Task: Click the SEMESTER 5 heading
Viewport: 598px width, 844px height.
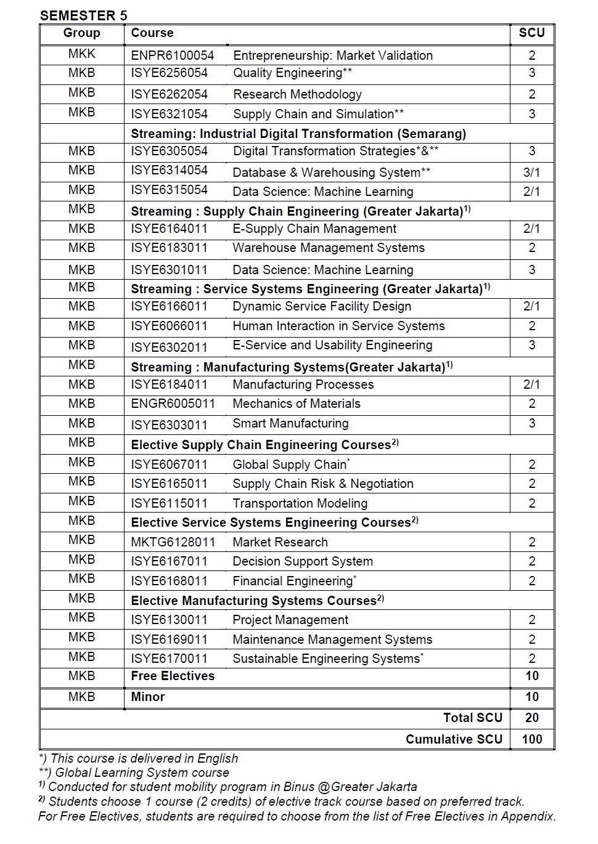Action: (83, 15)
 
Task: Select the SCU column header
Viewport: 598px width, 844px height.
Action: (531, 33)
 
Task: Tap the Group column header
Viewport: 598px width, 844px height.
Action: (81, 33)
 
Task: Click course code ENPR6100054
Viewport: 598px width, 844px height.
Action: (173, 55)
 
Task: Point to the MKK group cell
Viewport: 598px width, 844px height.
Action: (81, 54)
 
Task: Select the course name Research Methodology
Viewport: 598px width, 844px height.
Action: (297, 94)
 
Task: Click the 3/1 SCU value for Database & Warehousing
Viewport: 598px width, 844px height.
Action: (531, 172)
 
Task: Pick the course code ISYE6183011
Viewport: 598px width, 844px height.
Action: (169, 248)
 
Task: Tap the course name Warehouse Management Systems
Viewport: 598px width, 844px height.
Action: (329, 248)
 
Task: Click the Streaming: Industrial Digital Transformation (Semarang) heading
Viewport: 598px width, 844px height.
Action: (298, 134)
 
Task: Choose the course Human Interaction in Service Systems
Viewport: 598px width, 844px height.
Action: (338, 326)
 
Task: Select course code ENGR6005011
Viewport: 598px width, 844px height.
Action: (173, 404)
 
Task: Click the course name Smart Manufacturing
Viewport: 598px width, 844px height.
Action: (290, 423)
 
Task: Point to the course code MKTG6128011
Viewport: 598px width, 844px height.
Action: (173, 542)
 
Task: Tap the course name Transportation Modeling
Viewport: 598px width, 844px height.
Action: (300, 503)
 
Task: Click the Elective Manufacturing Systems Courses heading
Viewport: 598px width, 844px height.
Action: (257, 601)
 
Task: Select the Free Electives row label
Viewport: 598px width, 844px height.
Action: (173, 676)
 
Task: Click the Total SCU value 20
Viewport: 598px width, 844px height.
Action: (531, 718)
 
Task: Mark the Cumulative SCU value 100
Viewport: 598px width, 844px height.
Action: (531, 739)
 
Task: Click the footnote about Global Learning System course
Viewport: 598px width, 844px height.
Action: (134, 773)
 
